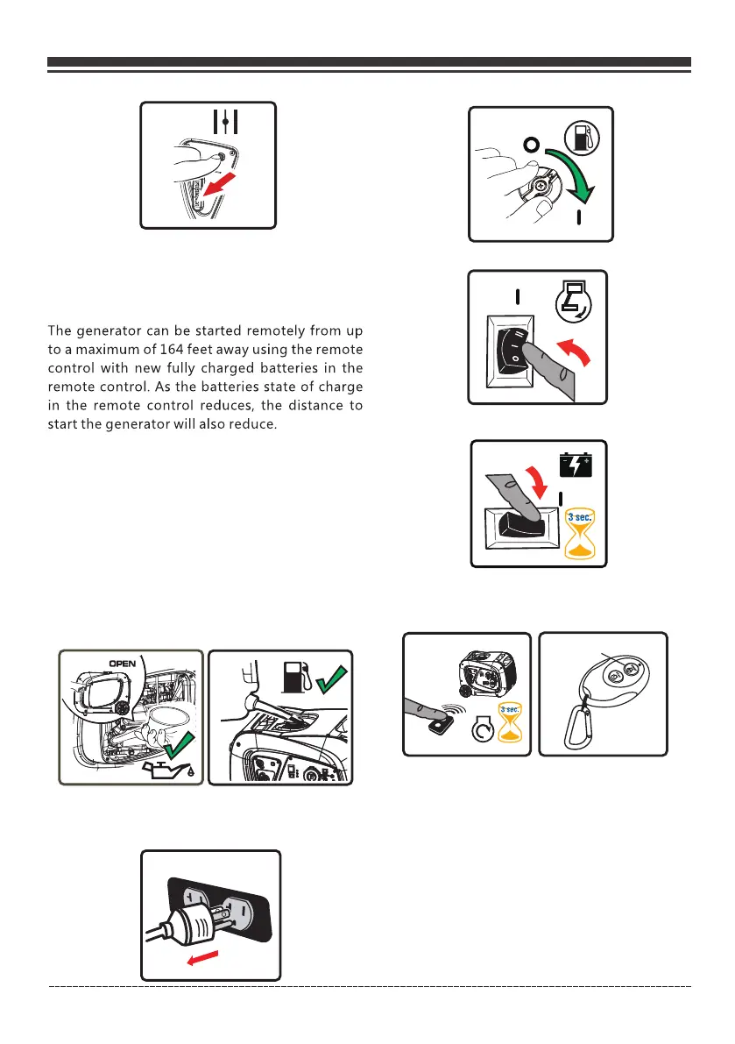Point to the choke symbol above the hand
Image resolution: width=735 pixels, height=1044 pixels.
[225, 122]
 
